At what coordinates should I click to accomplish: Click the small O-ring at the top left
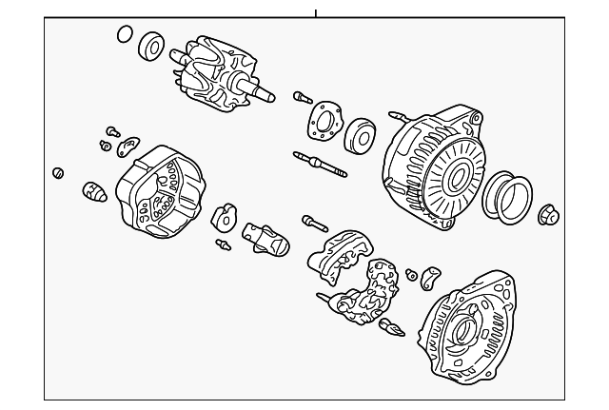point(125,35)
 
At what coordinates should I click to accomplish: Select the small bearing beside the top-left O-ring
point(152,45)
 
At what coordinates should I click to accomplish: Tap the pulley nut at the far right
point(549,214)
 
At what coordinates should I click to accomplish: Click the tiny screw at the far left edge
point(58,172)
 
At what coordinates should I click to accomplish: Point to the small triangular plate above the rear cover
point(129,145)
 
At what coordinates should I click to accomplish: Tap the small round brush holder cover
point(225,218)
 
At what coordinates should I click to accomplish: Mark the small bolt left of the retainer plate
point(300,96)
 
